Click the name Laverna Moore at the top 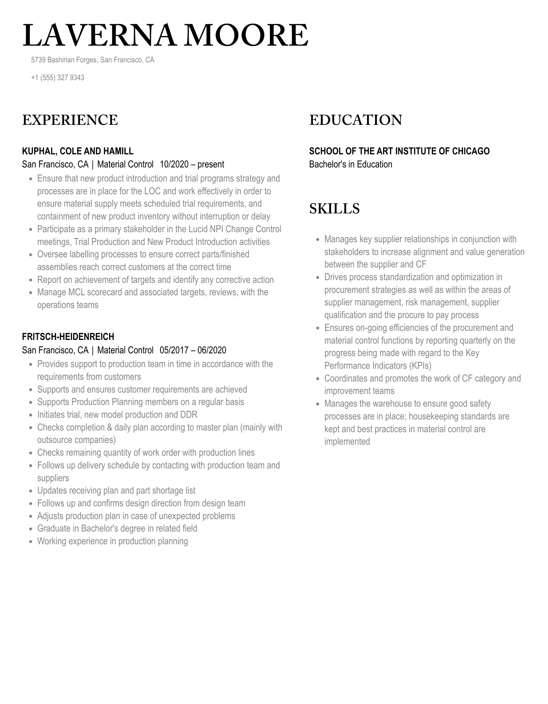point(165,36)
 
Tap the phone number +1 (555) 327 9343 point(57,78)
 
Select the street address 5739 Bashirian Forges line point(93,60)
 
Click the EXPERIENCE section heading point(70,120)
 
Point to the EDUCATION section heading point(356,120)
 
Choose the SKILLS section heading point(334,209)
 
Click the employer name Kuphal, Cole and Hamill point(78,151)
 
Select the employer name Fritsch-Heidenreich point(68,337)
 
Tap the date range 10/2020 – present point(192,164)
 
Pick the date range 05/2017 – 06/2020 point(193,350)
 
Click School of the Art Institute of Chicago point(399,151)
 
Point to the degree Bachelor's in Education point(351,164)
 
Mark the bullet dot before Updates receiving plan point(31,491)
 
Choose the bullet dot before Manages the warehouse point(318,404)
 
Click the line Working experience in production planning point(112,541)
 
